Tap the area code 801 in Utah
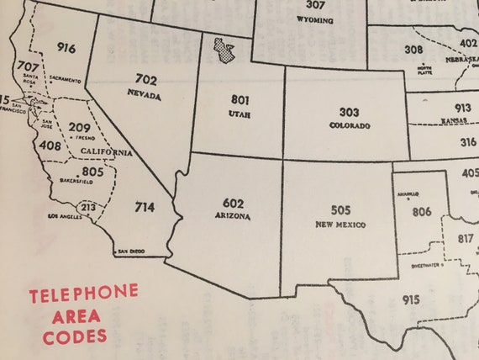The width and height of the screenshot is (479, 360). tap(239, 99)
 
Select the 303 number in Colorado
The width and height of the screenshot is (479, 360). tap(350, 112)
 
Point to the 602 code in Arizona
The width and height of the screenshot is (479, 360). tap(234, 204)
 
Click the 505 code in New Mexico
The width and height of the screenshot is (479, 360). tap(341, 210)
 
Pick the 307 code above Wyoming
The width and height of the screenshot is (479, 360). tap(315, 5)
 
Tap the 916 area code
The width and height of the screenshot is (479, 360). tap(67, 48)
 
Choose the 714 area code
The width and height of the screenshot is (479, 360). tap(145, 207)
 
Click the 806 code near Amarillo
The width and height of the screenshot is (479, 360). tap(421, 212)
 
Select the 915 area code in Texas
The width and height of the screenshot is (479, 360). tap(411, 300)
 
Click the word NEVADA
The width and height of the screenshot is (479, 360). tap(145, 96)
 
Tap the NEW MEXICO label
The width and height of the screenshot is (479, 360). tap(341, 225)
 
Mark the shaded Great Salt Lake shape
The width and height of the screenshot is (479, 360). tap(223, 50)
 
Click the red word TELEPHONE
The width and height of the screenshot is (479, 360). tap(83, 295)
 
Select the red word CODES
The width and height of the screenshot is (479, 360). tap(76, 336)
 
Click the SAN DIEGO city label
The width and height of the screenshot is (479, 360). tap(134, 251)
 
